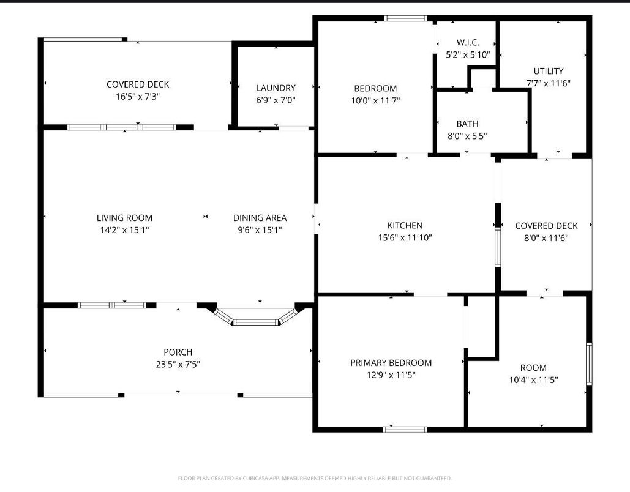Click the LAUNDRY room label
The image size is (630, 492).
coord(276,88)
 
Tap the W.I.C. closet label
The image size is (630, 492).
coord(468,43)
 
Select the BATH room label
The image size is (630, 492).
coord(467,124)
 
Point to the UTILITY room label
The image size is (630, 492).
coord(548,71)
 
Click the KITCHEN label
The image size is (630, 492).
coord(405,226)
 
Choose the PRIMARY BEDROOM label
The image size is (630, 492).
coord(391,363)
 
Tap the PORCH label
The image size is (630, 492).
coord(178,352)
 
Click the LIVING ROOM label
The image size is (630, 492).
coord(124,218)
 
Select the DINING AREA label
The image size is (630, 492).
coord(260,218)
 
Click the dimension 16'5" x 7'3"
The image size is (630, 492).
coord(138,96)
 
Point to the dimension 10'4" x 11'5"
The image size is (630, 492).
coord(533,379)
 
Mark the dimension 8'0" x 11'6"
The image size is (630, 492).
coord(546,238)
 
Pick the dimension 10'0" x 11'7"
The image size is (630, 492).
coord(375,100)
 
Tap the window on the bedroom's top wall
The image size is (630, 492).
coord(405,18)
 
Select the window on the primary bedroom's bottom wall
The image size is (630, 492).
coord(405,429)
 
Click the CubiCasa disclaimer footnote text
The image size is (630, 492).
coord(315,478)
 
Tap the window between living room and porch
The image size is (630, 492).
coord(112,305)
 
